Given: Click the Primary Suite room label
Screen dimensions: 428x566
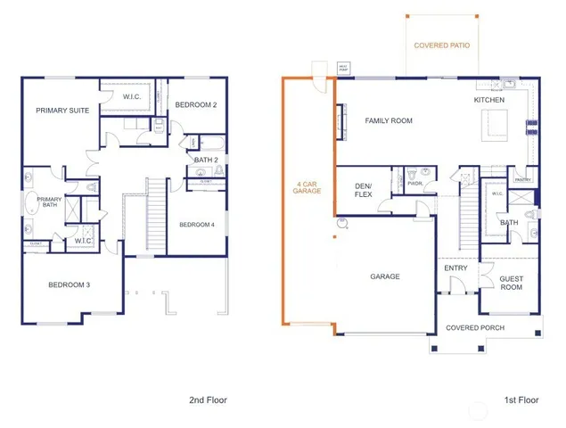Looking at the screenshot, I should [60, 111].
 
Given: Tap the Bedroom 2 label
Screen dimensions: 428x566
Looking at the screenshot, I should [197, 105].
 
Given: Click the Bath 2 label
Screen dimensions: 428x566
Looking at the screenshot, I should [207, 160].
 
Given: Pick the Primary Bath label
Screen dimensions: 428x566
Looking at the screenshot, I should [49, 202].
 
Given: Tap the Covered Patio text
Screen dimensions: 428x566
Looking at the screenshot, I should [442, 45].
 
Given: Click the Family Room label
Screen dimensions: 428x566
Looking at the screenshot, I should [389, 120].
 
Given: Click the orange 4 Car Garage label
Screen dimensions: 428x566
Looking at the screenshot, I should [308, 189].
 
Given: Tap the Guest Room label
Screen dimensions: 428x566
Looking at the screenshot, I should [511, 282].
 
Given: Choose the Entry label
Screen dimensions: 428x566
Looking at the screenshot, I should [455, 267].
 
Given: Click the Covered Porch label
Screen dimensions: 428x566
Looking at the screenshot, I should [475, 327].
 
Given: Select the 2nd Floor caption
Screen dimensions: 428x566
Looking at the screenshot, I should [208, 400].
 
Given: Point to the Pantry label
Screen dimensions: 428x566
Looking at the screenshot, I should [523, 179].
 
